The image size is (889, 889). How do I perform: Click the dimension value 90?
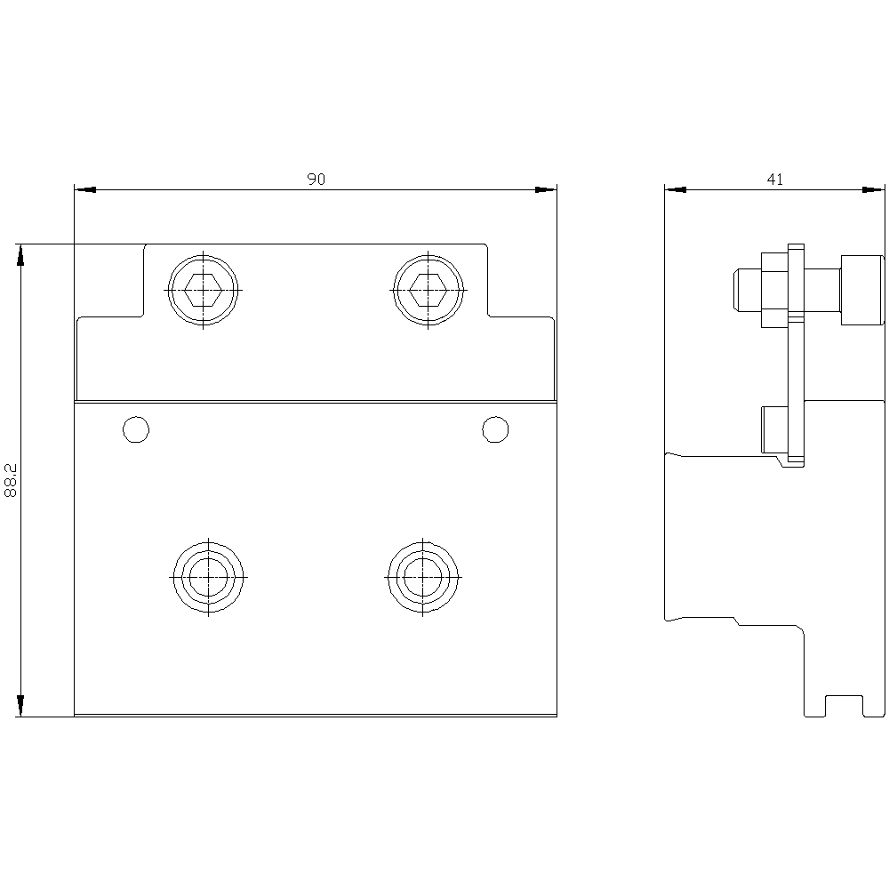pos(316,180)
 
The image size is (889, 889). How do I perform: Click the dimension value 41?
pos(775,180)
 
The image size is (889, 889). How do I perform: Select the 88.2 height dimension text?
pos(11,480)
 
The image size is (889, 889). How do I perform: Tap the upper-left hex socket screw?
pos(203,291)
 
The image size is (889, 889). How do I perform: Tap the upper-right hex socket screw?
pos(428,291)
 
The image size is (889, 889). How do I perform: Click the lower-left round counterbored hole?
pos(209,577)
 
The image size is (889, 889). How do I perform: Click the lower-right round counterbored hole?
pos(423,577)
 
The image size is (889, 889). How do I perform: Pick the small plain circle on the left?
pos(136,429)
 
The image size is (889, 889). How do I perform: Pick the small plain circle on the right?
pos(495,429)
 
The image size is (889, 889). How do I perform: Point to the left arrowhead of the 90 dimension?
pos(85,190)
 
